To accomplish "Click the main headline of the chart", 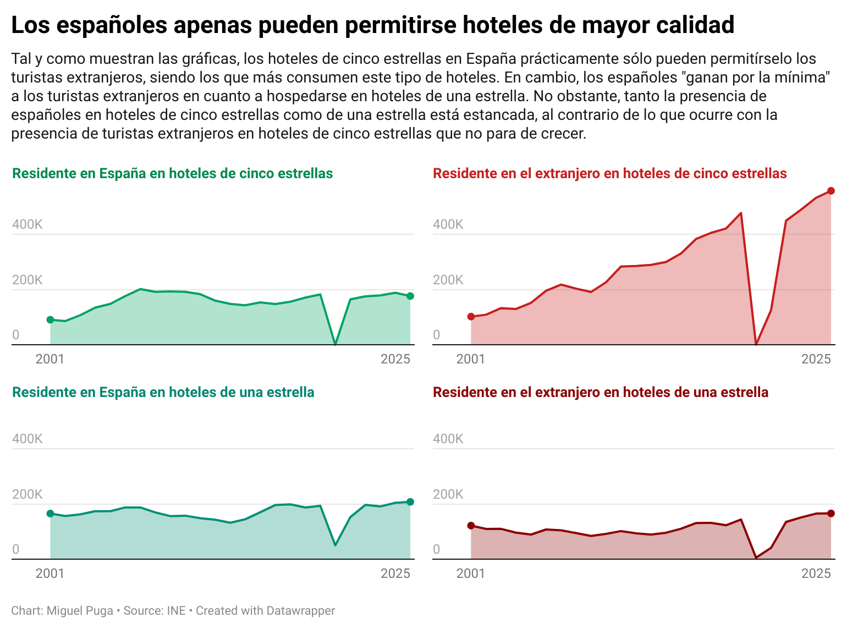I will [372, 25].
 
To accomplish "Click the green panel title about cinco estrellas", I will [172, 174].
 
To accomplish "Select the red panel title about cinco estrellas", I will [609, 174].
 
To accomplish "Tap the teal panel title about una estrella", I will [163, 393].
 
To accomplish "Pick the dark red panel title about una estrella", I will [600, 393].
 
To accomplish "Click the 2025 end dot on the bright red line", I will [831, 191].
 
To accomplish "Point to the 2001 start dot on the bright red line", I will [471, 317].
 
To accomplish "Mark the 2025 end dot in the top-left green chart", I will [410, 296].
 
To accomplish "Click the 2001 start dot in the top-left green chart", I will [50, 319].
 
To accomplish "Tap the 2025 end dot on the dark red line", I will [831, 514].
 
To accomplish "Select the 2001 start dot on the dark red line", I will [471, 526].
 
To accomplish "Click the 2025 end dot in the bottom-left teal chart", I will [410, 501].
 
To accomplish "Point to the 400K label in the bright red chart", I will [448, 224].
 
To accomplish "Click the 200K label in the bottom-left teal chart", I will [27, 494].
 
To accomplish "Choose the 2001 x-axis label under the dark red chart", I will [471, 574].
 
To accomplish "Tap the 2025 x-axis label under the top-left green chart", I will [395, 360].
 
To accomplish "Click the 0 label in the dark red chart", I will [437, 549].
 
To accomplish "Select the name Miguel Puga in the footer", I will [80, 611].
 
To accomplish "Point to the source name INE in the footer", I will [176, 611].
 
